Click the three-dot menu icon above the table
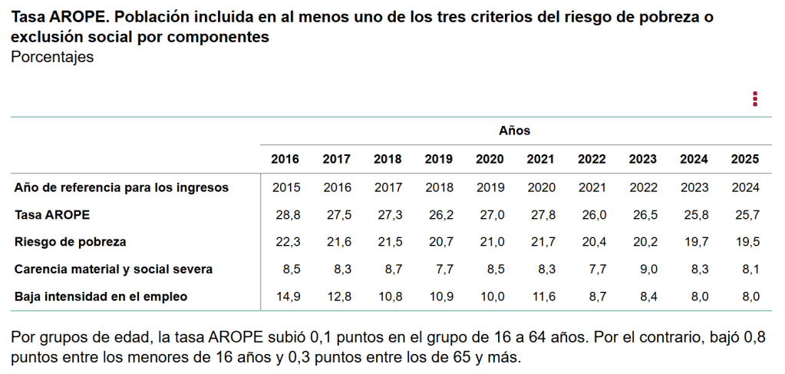(x=755, y=99)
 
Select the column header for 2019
(x=438, y=160)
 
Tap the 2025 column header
(x=744, y=160)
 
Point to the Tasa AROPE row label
(x=46, y=214)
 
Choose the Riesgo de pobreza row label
(x=70, y=242)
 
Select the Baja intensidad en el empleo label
(x=101, y=296)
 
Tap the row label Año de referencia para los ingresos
(x=121, y=187)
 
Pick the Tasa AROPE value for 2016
(x=285, y=214)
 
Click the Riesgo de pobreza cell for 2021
(x=540, y=242)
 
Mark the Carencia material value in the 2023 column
(x=642, y=270)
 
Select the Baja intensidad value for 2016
(x=285, y=296)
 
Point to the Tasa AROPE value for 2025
(x=744, y=214)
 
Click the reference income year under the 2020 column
(x=490, y=187)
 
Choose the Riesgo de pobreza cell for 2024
(x=694, y=242)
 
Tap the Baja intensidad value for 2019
(x=438, y=296)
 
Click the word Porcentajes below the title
(x=52, y=58)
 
